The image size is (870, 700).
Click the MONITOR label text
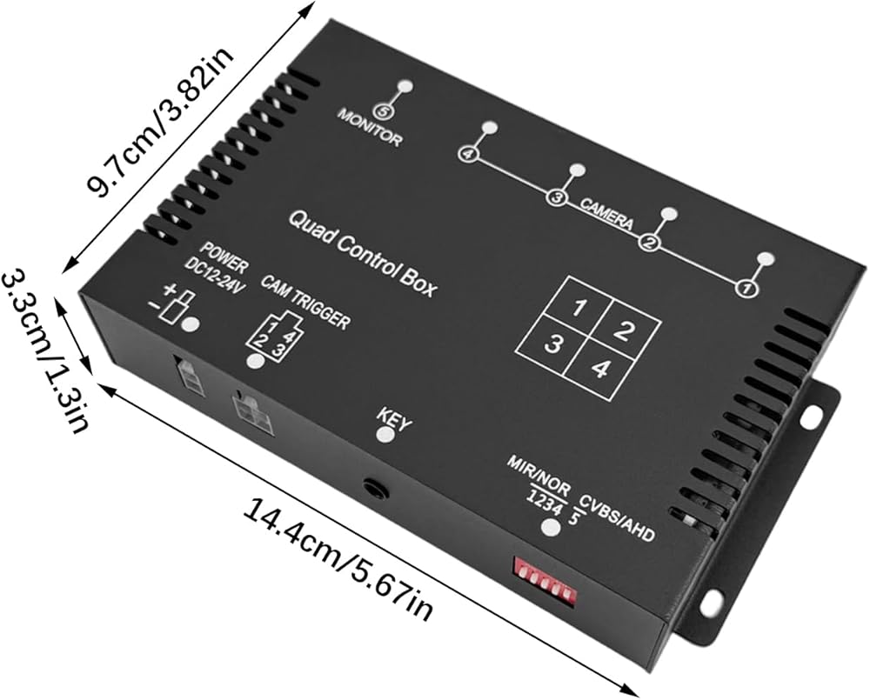pos(370,128)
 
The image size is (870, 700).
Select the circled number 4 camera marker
pos(467,154)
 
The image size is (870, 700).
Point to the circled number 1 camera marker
pos(746,288)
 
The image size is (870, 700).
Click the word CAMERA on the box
pos(606,213)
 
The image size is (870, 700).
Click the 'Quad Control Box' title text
pos(362,255)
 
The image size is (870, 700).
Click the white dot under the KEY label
pos(384,434)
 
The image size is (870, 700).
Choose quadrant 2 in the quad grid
pos(621,330)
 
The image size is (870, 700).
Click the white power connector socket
pos(188,374)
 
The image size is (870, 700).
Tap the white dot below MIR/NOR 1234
pos(549,527)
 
